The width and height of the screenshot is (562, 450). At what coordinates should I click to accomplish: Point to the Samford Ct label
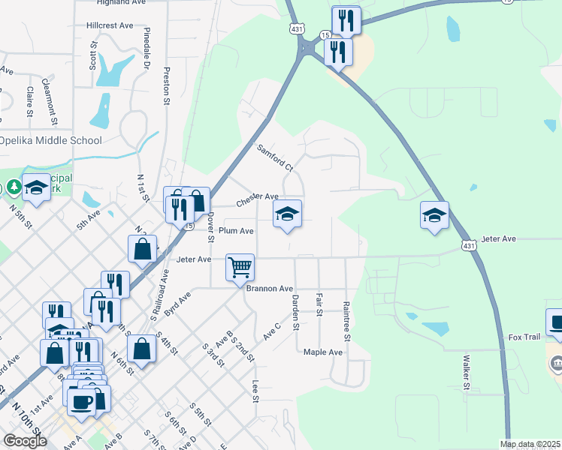click(274, 157)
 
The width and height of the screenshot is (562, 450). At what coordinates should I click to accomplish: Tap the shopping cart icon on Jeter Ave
click(240, 266)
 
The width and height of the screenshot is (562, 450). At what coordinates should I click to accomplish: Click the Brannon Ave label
click(270, 289)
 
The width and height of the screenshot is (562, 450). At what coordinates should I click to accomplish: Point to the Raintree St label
click(346, 321)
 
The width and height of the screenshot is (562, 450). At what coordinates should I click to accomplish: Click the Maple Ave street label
click(323, 352)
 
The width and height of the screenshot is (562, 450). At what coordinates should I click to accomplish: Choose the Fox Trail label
click(524, 337)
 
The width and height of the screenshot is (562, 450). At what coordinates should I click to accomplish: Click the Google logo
click(25, 441)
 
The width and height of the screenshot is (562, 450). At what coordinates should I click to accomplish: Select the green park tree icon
click(13, 187)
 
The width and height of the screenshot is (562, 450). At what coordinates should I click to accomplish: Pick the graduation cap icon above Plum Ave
click(287, 215)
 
